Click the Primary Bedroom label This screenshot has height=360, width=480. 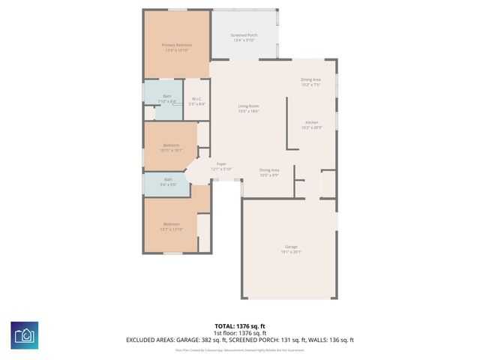pyautogui.click(x=177, y=46)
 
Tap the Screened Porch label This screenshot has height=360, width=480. pyautogui.click(x=244, y=36)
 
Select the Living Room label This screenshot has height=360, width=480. pyautogui.click(x=248, y=106)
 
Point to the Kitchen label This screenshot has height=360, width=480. pyautogui.click(x=311, y=122)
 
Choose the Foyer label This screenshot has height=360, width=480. pyautogui.click(x=221, y=164)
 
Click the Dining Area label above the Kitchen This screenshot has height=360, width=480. pyautogui.click(x=310, y=79)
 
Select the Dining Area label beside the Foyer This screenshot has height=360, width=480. pyautogui.click(x=269, y=170)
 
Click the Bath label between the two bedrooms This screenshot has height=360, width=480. pyautogui.click(x=168, y=179)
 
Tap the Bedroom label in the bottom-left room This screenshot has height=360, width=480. pyautogui.click(x=172, y=223)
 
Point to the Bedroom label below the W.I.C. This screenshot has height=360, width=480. pyautogui.click(x=172, y=145)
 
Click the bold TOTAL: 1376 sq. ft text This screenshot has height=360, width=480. pyautogui.click(x=239, y=325)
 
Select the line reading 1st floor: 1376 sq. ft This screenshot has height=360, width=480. pyautogui.click(x=239, y=332)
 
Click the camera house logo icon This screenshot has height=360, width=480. pyautogui.click(x=24, y=335)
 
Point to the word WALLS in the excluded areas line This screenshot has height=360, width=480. pyautogui.click(x=319, y=340)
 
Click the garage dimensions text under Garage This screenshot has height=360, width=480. pyautogui.click(x=291, y=252)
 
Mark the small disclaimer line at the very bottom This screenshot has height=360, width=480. pyautogui.click(x=239, y=349)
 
